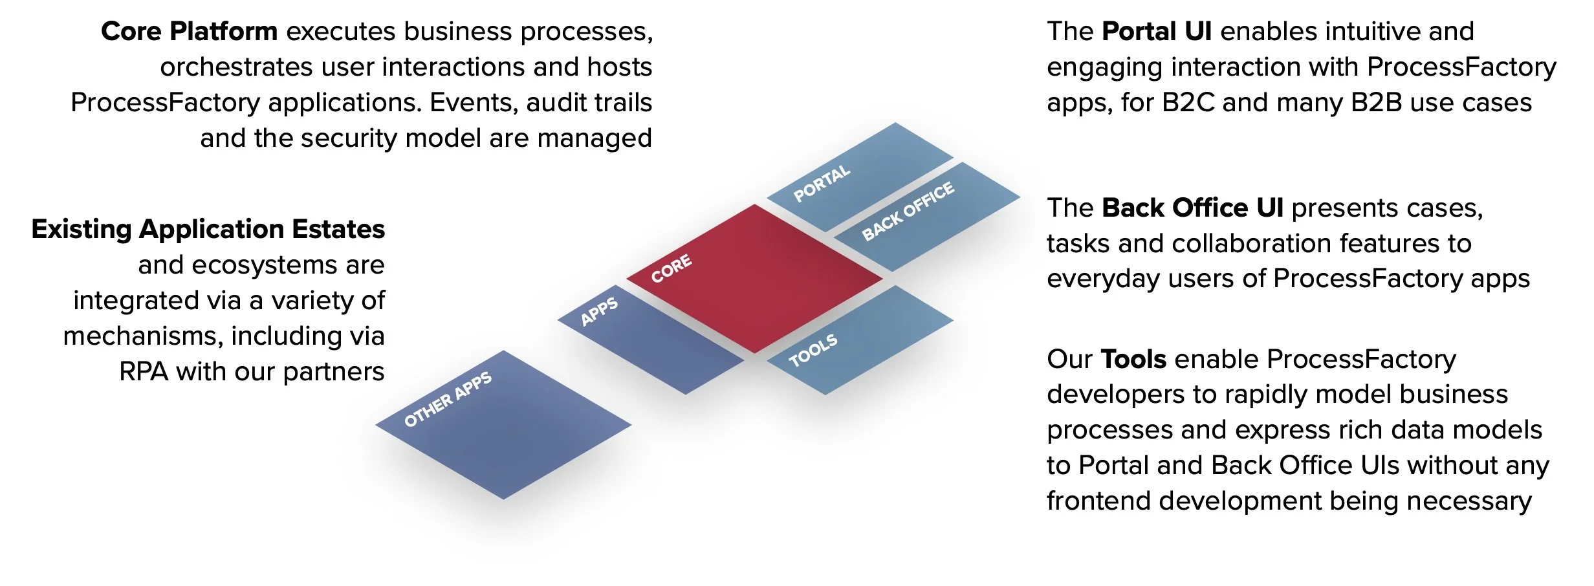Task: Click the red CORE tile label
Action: (x=671, y=268)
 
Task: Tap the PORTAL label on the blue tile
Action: (x=822, y=183)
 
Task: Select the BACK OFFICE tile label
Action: (x=908, y=211)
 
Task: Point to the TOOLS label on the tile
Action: (x=813, y=350)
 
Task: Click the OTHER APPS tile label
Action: (x=448, y=399)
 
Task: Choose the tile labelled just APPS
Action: (x=599, y=311)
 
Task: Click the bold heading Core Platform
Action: (x=189, y=32)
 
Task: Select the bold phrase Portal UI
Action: (x=1156, y=32)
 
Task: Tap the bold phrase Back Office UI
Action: (x=1192, y=208)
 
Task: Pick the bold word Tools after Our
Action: (x=1133, y=359)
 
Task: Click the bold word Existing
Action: (x=81, y=230)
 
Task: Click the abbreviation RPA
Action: (x=144, y=372)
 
